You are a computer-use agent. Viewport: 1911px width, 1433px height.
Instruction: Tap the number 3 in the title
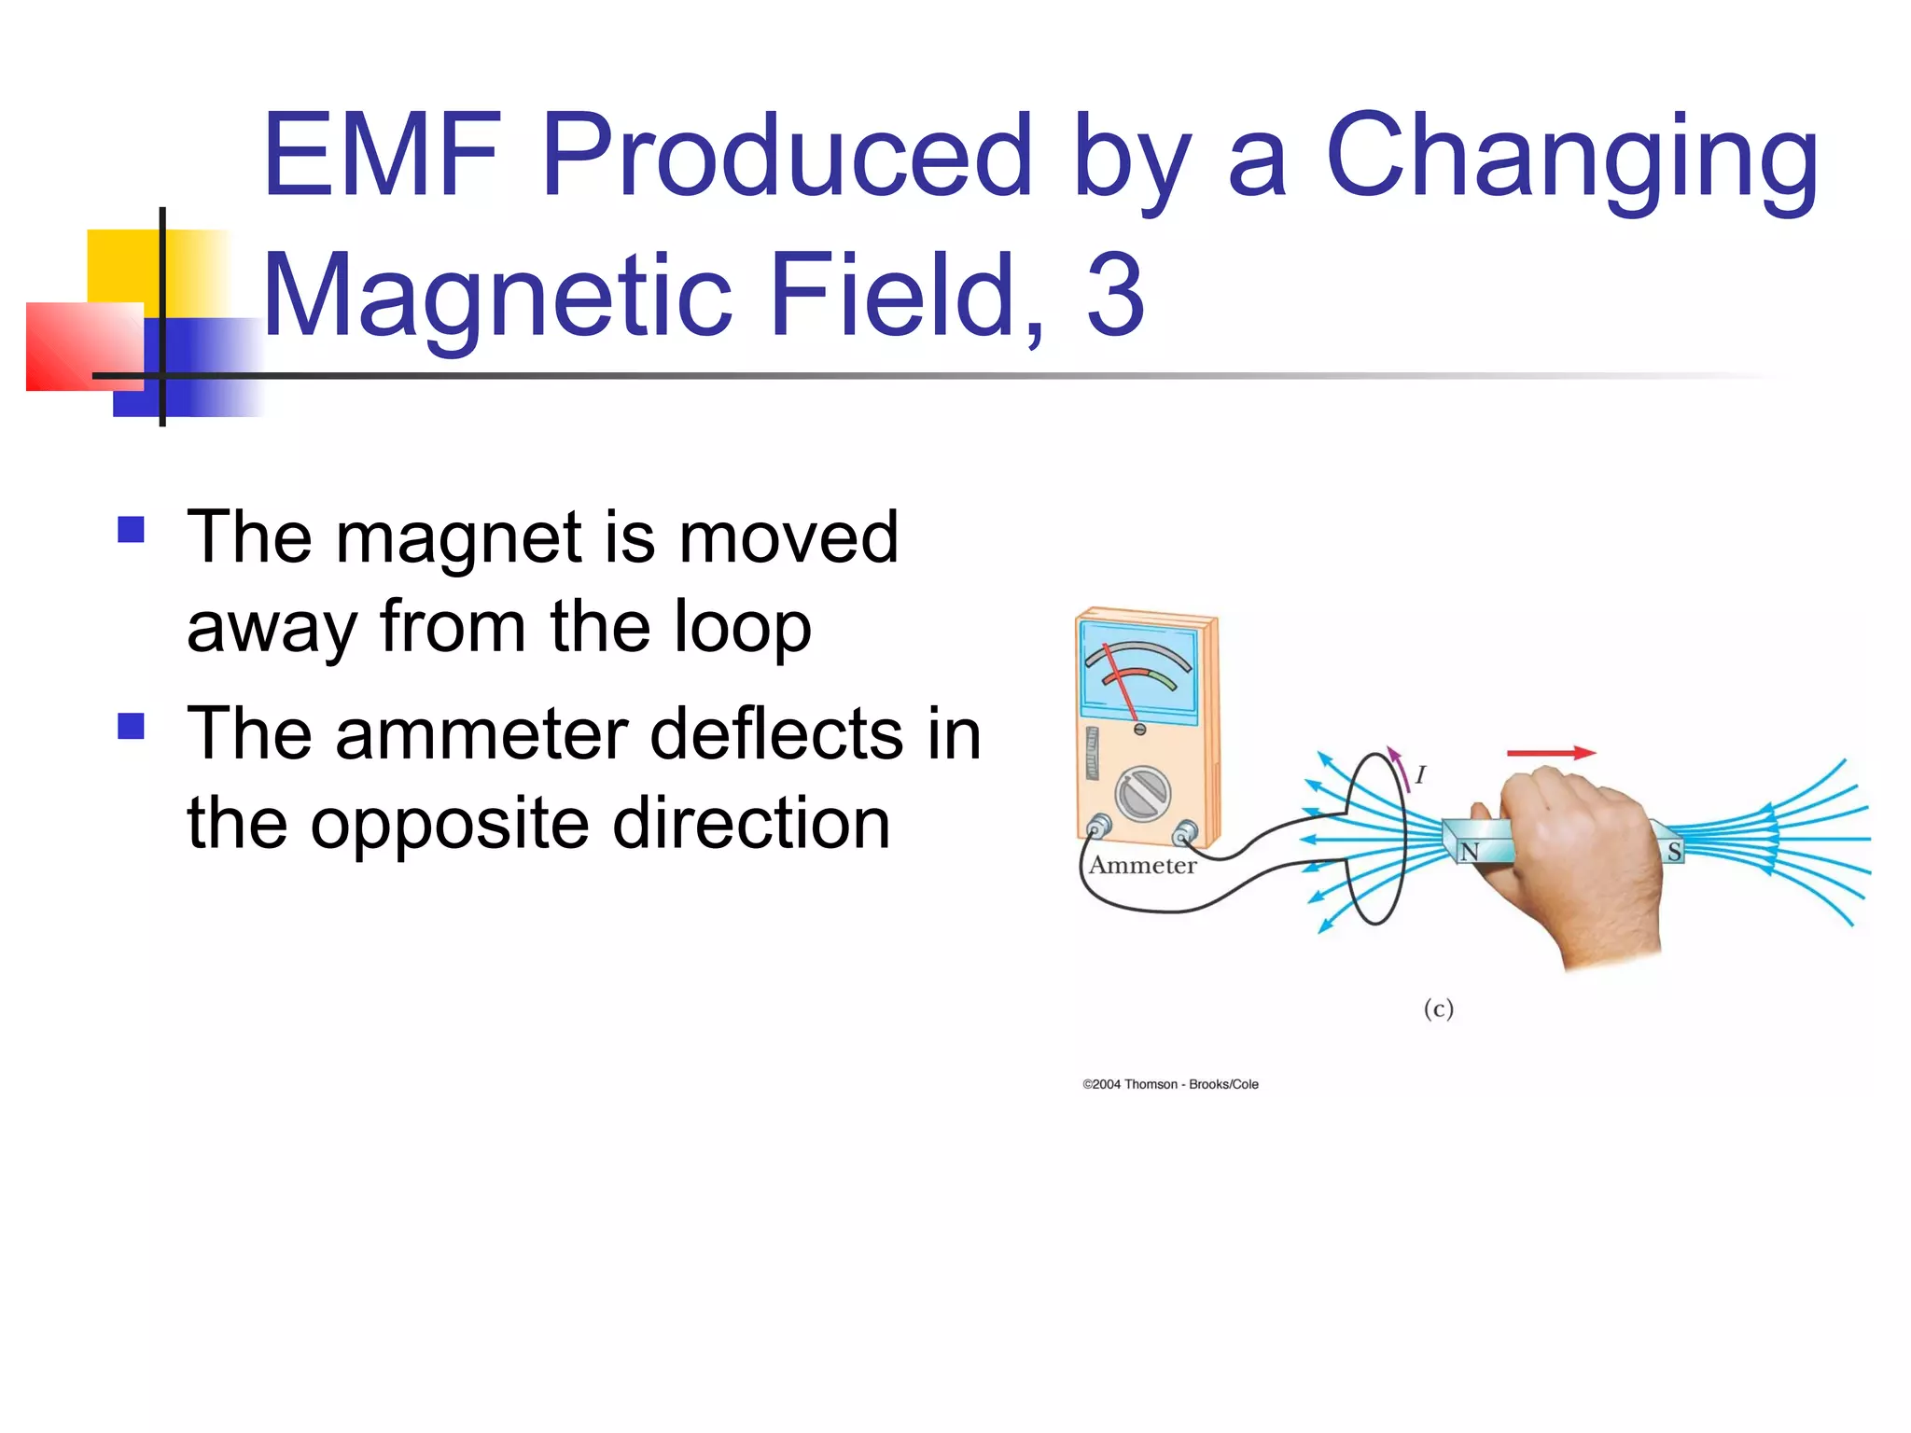[x=1115, y=296]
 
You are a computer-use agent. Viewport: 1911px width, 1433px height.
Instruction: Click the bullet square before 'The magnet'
[x=132, y=530]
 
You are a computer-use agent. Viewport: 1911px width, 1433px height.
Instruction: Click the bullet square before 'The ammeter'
[x=132, y=726]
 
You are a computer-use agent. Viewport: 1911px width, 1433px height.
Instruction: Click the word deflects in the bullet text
[x=776, y=734]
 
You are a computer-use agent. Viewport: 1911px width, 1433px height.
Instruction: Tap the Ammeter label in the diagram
[x=1142, y=866]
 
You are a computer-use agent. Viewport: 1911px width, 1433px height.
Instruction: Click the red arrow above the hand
[x=1550, y=752]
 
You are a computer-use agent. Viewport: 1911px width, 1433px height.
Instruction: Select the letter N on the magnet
[x=1470, y=851]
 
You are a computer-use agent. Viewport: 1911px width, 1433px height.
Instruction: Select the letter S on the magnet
[x=1674, y=851]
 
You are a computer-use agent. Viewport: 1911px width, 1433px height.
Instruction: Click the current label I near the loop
[x=1420, y=774]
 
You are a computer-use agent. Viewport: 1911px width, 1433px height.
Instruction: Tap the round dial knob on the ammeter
[x=1143, y=794]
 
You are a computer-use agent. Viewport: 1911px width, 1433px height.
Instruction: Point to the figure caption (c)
[x=1438, y=1009]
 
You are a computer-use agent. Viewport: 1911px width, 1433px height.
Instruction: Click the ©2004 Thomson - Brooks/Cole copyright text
[x=1170, y=1084]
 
